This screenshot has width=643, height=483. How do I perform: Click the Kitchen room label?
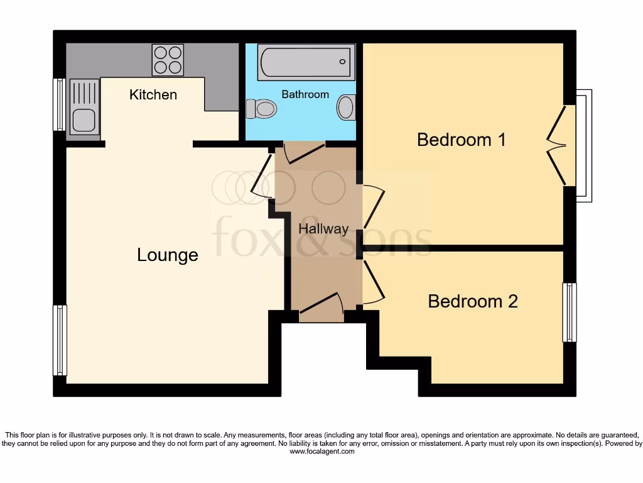tap(153, 95)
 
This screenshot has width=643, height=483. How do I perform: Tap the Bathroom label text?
tap(305, 94)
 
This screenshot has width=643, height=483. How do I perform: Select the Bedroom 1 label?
tap(462, 140)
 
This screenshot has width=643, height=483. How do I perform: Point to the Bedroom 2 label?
tap(473, 301)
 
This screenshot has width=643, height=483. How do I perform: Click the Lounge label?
tap(168, 255)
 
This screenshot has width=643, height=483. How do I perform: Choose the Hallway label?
tap(323, 229)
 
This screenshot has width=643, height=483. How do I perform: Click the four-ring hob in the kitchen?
tap(168, 60)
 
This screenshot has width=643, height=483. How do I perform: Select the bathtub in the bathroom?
tap(305, 62)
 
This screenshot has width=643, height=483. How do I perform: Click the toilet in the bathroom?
tap(262, 109)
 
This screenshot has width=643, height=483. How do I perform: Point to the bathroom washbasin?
tap(346, 108)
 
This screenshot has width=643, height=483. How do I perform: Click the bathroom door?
tap(304, 152)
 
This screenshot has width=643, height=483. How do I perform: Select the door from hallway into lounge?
tap(262, 183)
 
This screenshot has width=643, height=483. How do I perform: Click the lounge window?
tap(60, 340)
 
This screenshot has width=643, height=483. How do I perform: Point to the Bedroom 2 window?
tap(569, 312)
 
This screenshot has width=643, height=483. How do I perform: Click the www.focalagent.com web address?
tap(321, 452)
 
